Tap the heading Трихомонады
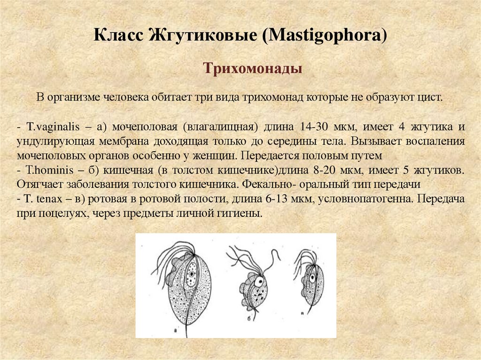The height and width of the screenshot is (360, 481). [x=252, y=69]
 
